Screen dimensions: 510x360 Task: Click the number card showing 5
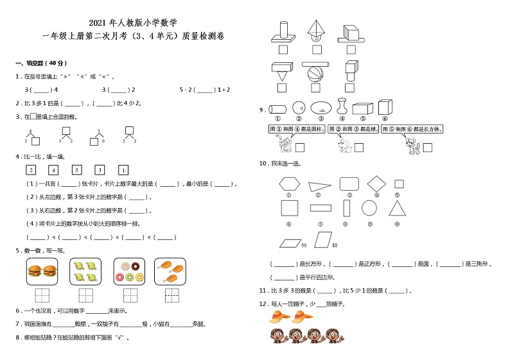[x=77, y=170]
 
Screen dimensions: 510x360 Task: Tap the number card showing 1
[x=123, y=170]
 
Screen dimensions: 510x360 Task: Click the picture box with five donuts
[x=128, y=272]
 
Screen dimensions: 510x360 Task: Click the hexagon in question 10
[x=289, y=184]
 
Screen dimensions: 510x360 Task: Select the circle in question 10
[x=369, y=207]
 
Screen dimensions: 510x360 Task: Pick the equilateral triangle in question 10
[x=398, y=207]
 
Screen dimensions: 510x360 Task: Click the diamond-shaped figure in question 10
[x=376, y=184]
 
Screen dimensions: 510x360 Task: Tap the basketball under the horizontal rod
[x=314, y=73]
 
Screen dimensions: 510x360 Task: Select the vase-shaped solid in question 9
[x=342, y=108]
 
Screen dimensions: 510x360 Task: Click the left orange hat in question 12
[x=279, y=315]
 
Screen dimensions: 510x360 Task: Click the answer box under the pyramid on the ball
[x=316, y=49]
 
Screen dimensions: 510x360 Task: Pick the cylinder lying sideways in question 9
[x=277, y=108]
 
